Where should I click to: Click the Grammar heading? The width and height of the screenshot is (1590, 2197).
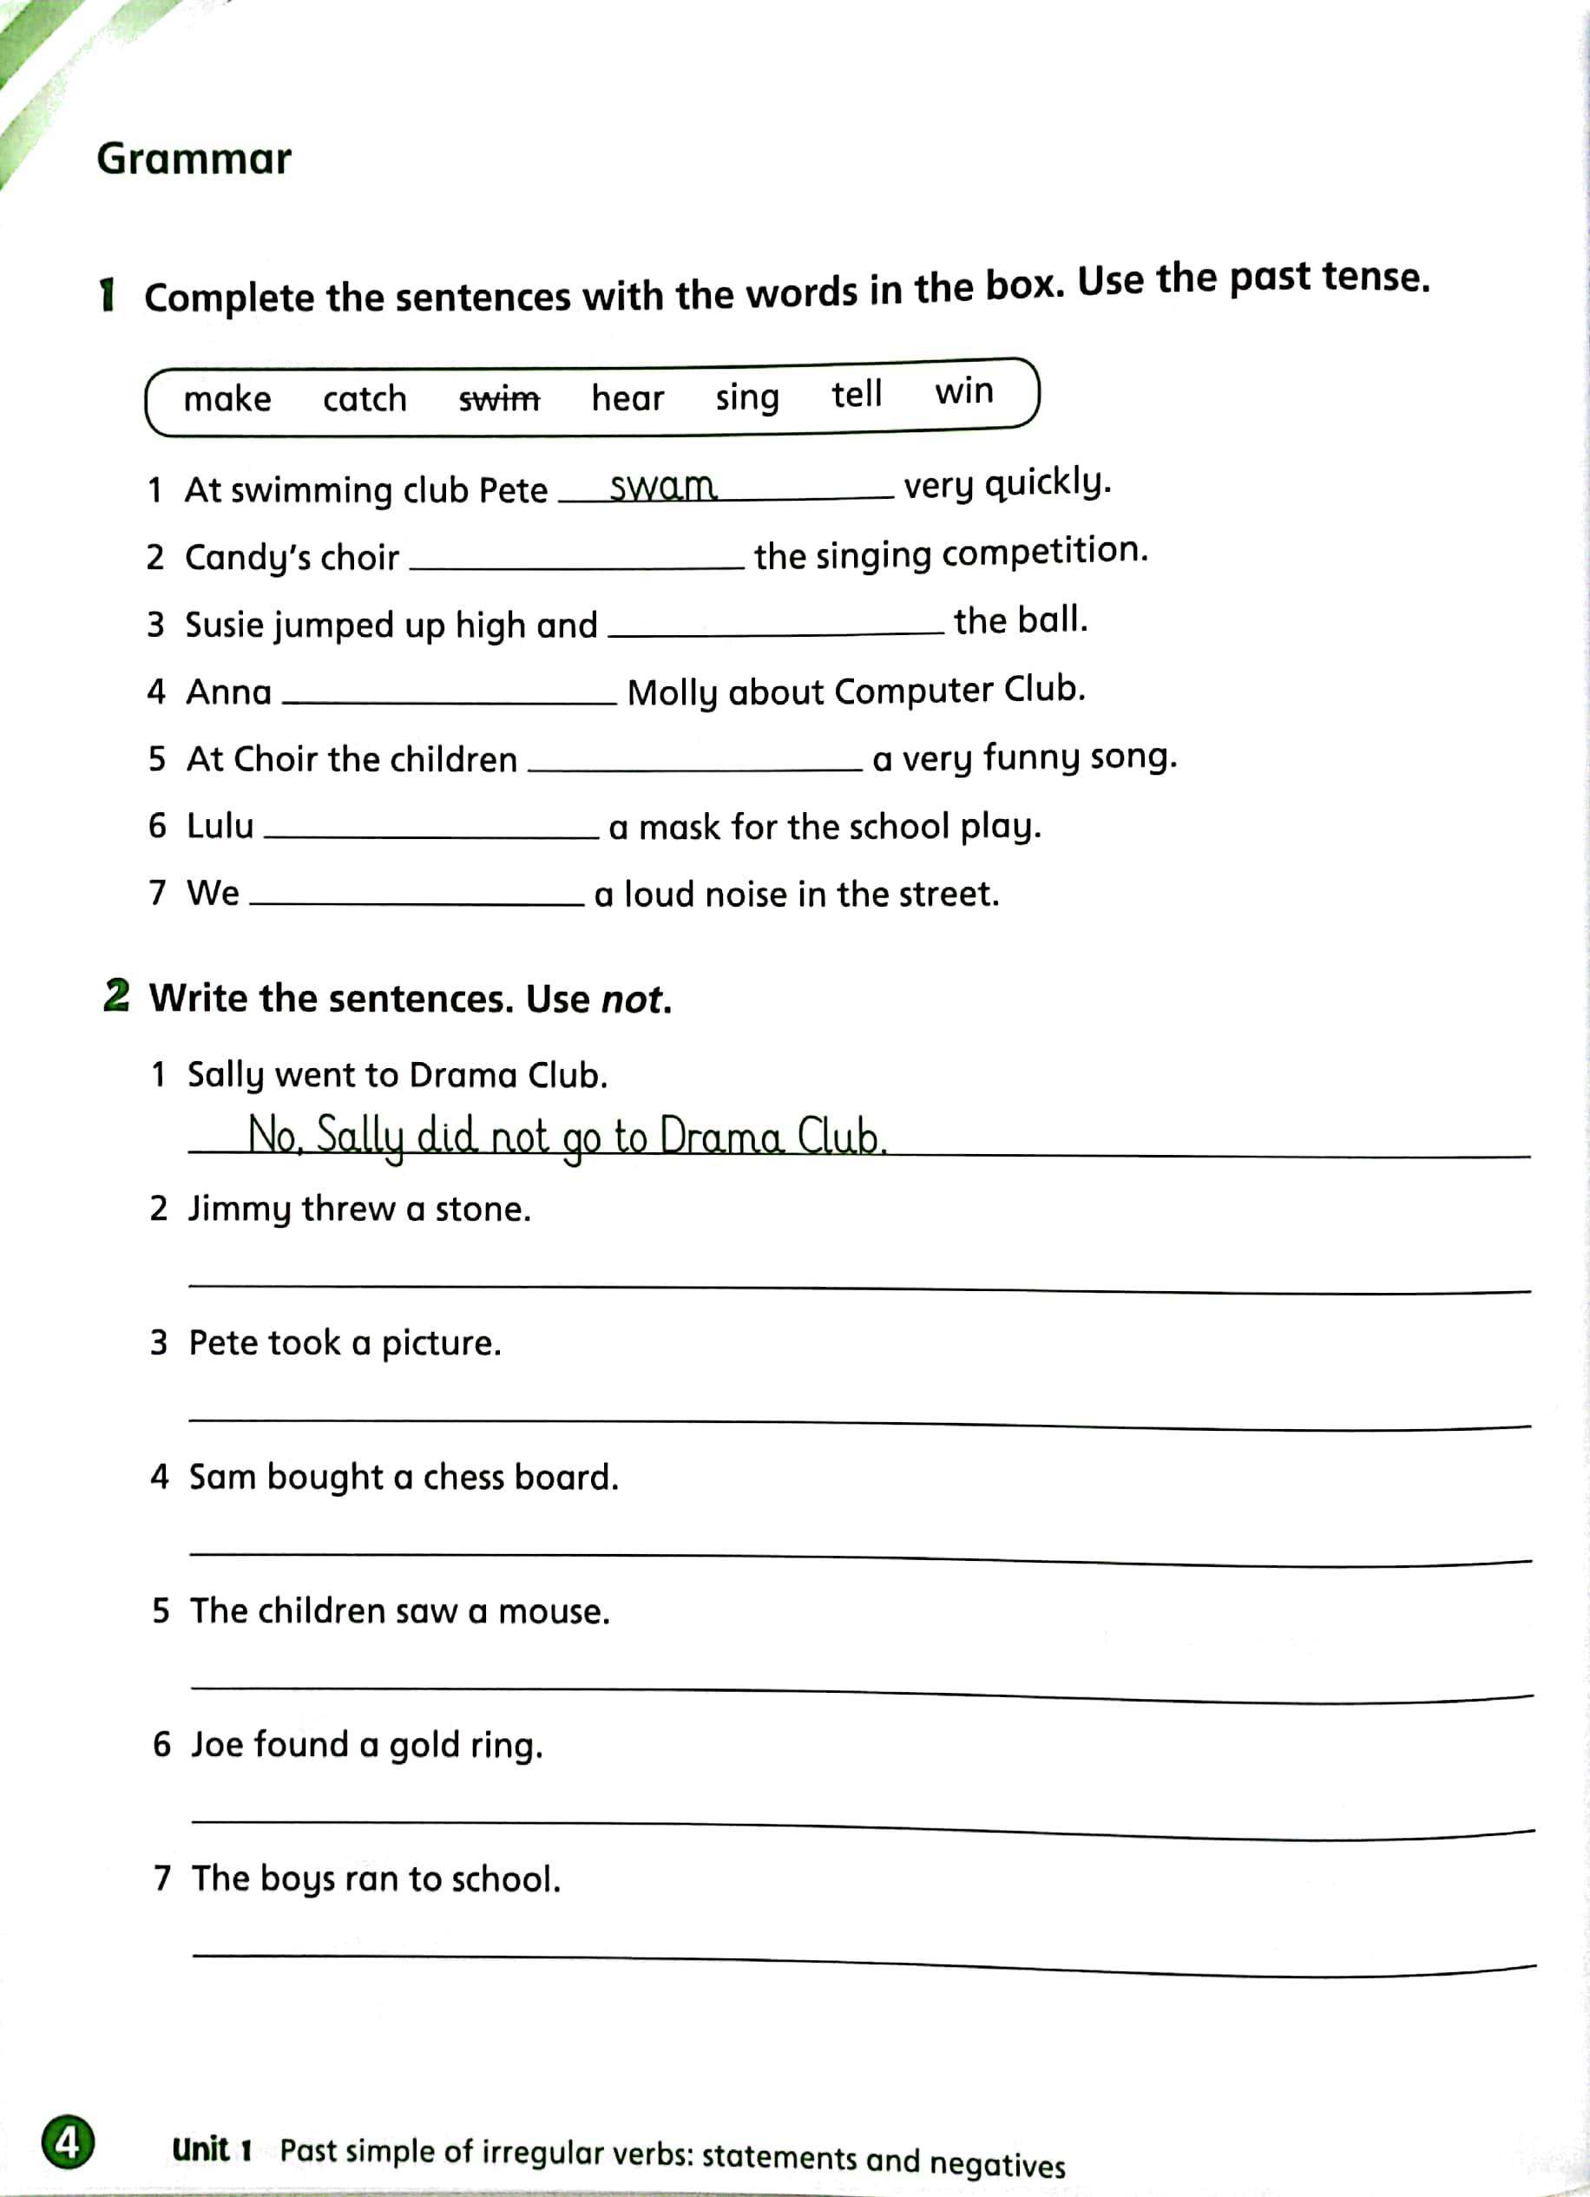[x=194, y=159]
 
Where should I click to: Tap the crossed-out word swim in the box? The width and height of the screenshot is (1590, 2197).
[x=499, y=398]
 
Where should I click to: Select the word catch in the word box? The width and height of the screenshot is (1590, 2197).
[x=365, y=398]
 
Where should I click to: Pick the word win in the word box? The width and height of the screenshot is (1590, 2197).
[x=964, y=390]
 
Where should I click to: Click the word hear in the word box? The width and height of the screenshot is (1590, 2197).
[x=627, y=397]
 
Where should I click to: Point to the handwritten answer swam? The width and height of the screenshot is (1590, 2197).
[x=664, y=485]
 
